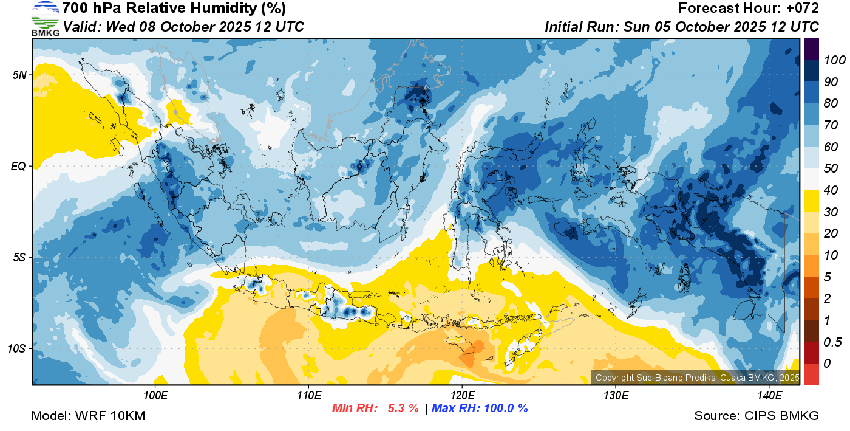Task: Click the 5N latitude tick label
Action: [x=19, y=75]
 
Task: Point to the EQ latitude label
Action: [x=19, y=166]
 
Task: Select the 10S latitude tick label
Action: [x=17, y=348]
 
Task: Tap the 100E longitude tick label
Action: [x=155, y=396]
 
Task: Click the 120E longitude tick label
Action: [x=463, y=396]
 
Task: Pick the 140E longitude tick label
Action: [x=770, y=396]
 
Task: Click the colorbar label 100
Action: [x=834, y=60]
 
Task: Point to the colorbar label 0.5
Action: [x=832, y=342]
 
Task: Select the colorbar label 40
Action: [x=831, y=190]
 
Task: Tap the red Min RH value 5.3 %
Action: [x=403, y=408]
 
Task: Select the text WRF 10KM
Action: [x=110, y=416]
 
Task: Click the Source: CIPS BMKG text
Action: [x=756, y=416]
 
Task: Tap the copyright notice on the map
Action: [x=698, y=378]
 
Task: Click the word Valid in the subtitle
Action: [x=82, y=27]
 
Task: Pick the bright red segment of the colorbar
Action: [x=811, y=374]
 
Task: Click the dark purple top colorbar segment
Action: [x=811, y=49]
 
